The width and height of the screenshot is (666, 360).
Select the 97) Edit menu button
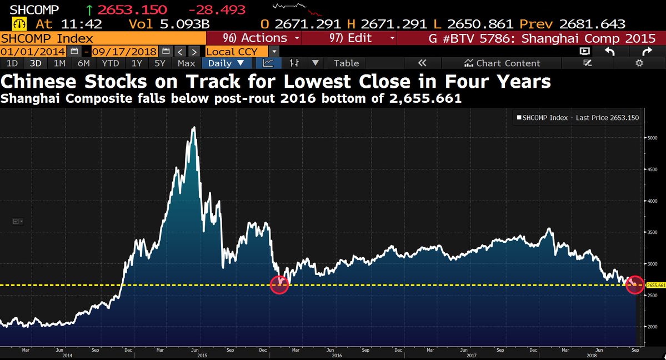click(363, 38)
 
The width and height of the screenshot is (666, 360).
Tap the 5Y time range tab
click(160, 63)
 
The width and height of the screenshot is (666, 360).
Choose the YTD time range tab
click(111, 63)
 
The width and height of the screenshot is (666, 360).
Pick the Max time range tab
click(186, 63)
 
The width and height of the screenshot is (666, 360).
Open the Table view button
click(346, 63)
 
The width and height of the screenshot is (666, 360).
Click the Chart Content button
click(502, 63)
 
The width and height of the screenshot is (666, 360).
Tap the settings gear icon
click(639, 63)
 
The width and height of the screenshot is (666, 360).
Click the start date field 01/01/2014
click(34, 51)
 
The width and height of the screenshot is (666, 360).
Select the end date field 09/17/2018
click(125, 51)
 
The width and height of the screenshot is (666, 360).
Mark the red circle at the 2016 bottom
click(279, 284)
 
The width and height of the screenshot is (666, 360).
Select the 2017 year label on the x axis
click(471, 355)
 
